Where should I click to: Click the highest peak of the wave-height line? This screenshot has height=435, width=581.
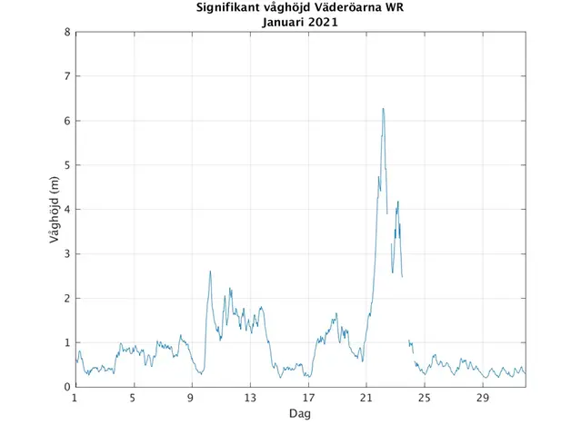click(383, 109)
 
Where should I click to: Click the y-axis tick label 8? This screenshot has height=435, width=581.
click(67, 33)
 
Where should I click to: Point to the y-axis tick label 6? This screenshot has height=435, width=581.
click(67, 121)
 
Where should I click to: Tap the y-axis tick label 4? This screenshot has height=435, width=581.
click(67, 210)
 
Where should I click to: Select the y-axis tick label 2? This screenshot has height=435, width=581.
click(67, 298)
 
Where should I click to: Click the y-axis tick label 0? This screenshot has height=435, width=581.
click(67, 387)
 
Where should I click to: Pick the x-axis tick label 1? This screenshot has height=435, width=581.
click(75, 398)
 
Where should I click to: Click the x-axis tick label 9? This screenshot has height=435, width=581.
click(192, 398)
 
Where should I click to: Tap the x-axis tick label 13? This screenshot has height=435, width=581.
click(250, 398)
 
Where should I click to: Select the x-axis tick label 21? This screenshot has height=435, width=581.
click(366, 398)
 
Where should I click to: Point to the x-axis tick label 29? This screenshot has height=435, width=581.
click(483, 398)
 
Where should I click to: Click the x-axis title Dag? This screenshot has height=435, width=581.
click(300, 413)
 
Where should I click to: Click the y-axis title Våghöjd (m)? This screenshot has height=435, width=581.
click(54, 210)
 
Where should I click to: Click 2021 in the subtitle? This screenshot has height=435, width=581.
click(323, 23)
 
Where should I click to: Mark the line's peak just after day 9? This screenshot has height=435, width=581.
click(210, 271)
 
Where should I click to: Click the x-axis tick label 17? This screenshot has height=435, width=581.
click(308, 398)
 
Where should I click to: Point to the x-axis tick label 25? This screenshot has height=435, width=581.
click(425, 398)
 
